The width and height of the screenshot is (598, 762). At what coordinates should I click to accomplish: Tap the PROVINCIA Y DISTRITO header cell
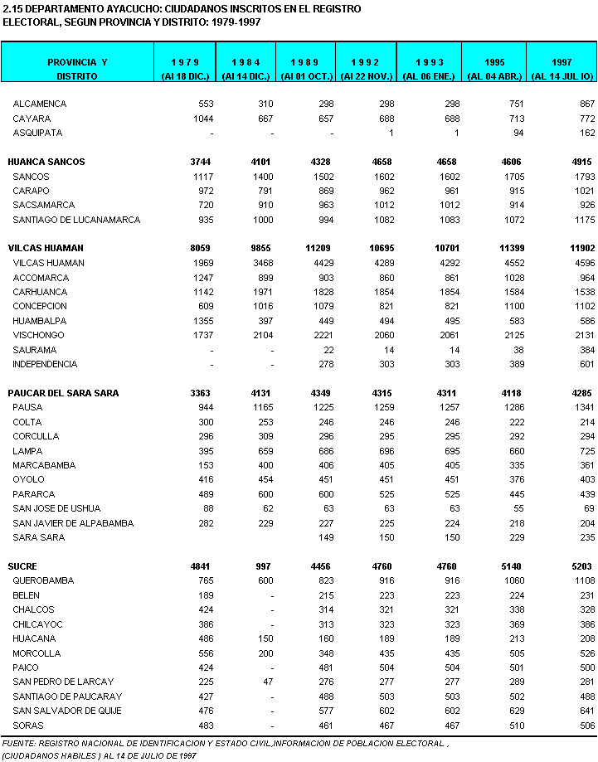tap(77, 69)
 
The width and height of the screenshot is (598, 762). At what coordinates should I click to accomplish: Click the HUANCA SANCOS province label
tap(46, 162)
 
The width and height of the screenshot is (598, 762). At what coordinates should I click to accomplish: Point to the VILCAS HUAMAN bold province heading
tap(46, 248)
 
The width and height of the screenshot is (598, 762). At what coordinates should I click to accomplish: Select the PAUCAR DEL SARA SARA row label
tap(63, 393)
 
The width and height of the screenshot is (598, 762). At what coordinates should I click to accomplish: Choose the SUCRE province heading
tap(24, 565)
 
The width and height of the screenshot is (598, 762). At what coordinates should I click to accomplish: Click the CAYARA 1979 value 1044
tap(202, 119)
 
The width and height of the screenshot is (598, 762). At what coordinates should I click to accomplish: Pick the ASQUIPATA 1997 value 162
tap(587, 133)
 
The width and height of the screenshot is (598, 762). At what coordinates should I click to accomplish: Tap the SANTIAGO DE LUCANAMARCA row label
tap(76, 220)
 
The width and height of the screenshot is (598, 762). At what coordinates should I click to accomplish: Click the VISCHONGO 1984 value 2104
tap(260, 335)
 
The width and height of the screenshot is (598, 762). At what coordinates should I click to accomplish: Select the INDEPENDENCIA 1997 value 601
tap(587, 364)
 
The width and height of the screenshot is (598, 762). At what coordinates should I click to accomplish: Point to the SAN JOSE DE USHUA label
tap(56, 508)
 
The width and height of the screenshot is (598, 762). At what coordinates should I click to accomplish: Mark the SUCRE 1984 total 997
tap(263, 565)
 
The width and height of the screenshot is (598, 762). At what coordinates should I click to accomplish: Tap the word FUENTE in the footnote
tap(19, 742)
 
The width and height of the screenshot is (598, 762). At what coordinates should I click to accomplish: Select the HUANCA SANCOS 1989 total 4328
tap(317, 162)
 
